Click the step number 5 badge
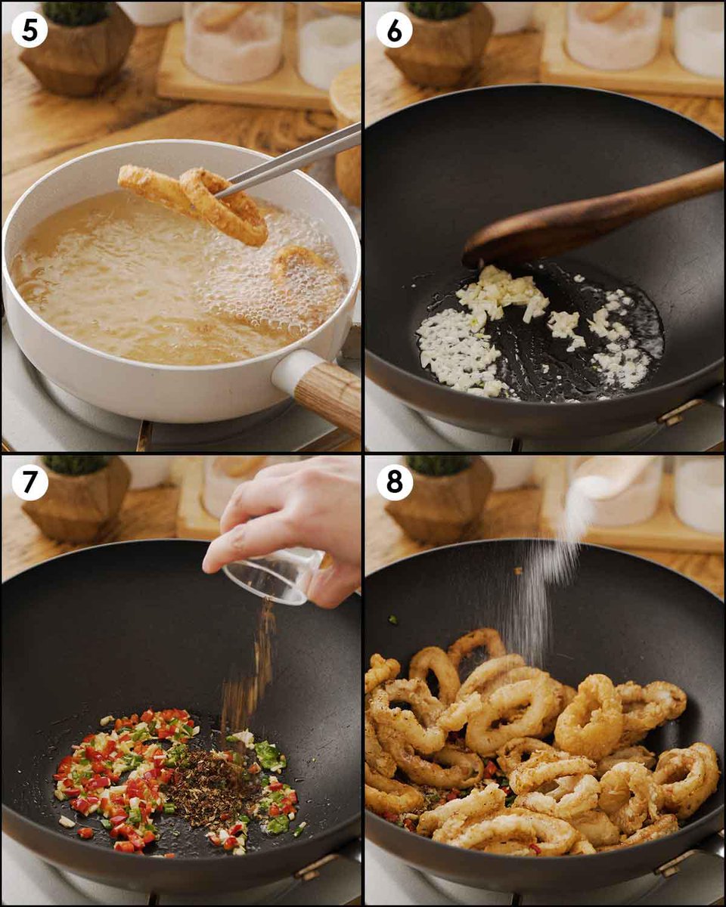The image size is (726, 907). point(29,29)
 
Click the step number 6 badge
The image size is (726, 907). point(395,29)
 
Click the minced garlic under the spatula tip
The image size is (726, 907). point(502,291)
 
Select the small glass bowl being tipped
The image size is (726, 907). point(275,575)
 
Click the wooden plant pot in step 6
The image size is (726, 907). point(439,53)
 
